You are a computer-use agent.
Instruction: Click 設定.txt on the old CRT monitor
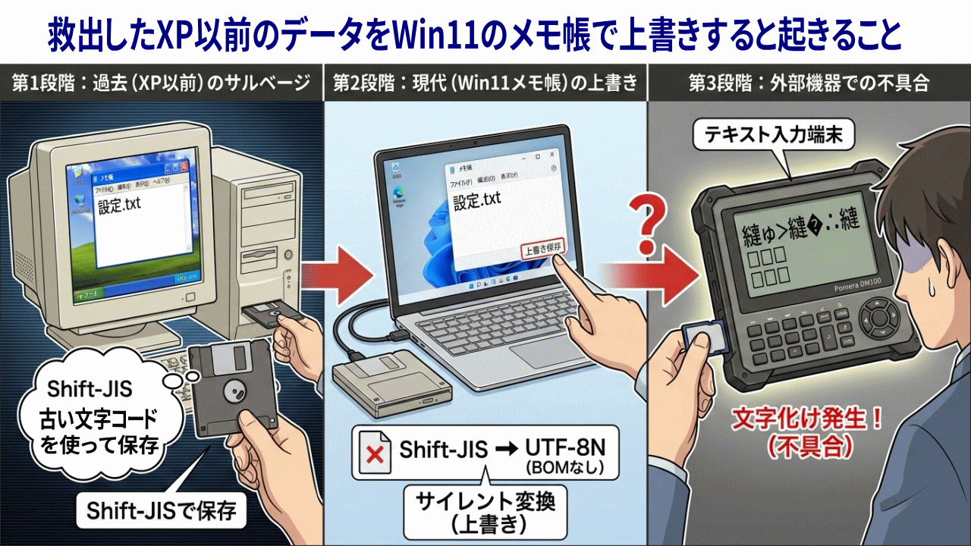pyautogui.click(x=120, y=206)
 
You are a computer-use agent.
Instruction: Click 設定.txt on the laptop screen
pyautogui.click(x=476, y=200)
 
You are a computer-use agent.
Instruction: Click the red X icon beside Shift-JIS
pyautogui.click(x=374, y=455)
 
